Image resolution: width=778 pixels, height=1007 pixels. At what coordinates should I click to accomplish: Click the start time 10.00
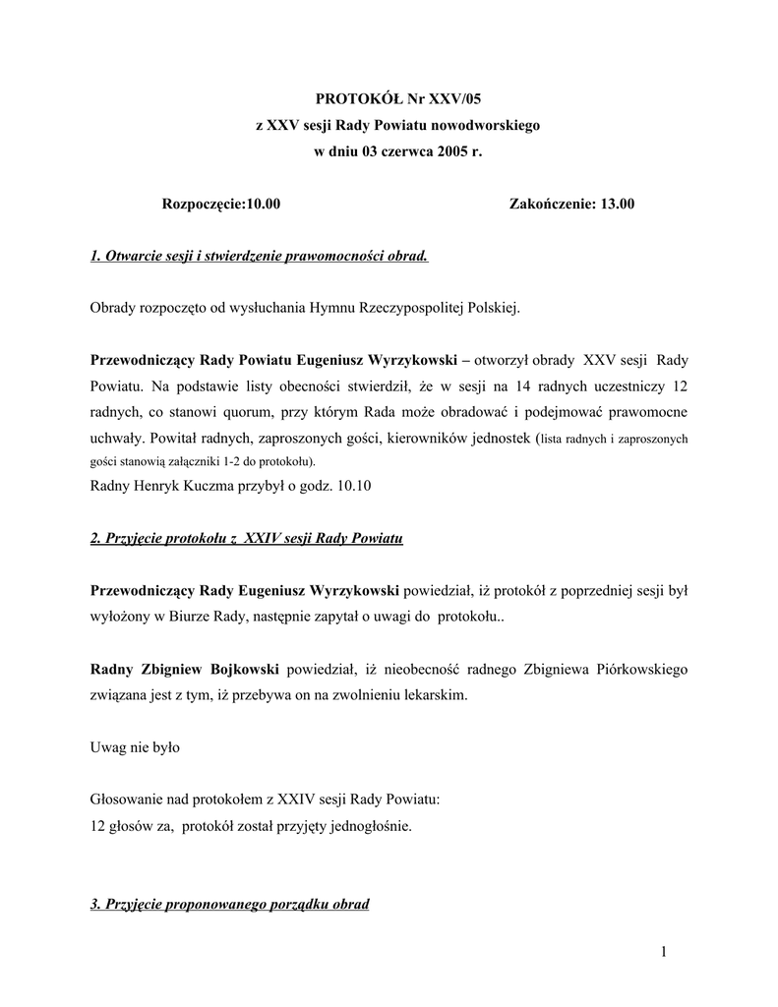[265, 205]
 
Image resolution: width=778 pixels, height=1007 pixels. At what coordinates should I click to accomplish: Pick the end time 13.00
[613, 205]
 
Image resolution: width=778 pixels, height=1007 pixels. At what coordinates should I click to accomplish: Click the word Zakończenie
[547, 205]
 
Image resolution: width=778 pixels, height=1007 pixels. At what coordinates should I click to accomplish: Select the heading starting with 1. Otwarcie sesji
[259, 257]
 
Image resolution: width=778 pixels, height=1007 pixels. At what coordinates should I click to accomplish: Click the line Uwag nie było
[135, 747]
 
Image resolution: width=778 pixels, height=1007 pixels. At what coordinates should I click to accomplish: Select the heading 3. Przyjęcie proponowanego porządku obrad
[229, 904]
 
